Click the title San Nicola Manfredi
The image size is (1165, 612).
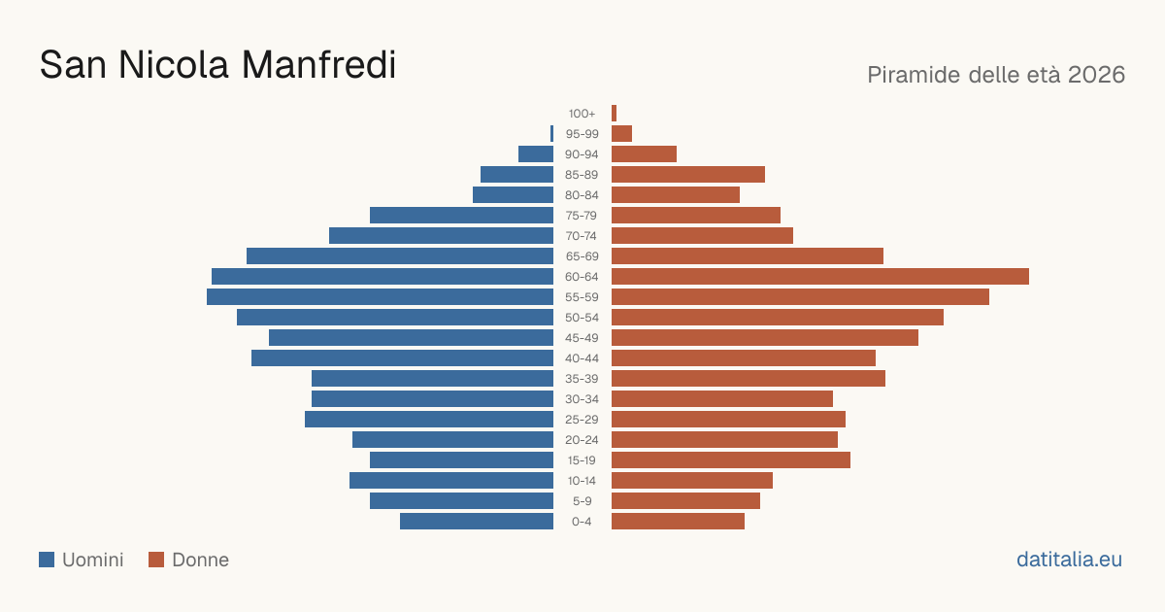(x=217, y=65)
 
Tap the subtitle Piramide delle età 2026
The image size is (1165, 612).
(x=996, y=75)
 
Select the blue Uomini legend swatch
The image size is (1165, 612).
(x=47, y=560)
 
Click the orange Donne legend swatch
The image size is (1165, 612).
(x=156, y=560)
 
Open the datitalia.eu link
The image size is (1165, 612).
(x=1069, y=560)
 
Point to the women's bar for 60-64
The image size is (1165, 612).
(x=820, y=276)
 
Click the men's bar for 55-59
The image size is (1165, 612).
(x=381, y=296)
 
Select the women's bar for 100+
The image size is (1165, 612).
(x=615, y=113)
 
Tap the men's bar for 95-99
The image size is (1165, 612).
(x=551, y=133)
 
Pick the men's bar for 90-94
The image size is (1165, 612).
(x=536, y=154)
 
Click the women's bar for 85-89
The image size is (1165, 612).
(x=688, y=174)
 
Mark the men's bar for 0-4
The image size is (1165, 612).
(x=477, y=521)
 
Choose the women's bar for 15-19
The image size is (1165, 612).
(x=731, y=460)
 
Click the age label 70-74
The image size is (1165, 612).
(x=582, y=236)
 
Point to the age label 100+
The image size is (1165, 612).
(x=582, y=114)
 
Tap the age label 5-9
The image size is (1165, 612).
(x=582, y=501)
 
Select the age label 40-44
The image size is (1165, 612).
(x=582, y=358)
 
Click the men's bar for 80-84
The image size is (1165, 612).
(x=513, y=194)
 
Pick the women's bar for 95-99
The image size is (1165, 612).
(x=622, y=133)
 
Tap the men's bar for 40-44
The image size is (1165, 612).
(x=403, y=358)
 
